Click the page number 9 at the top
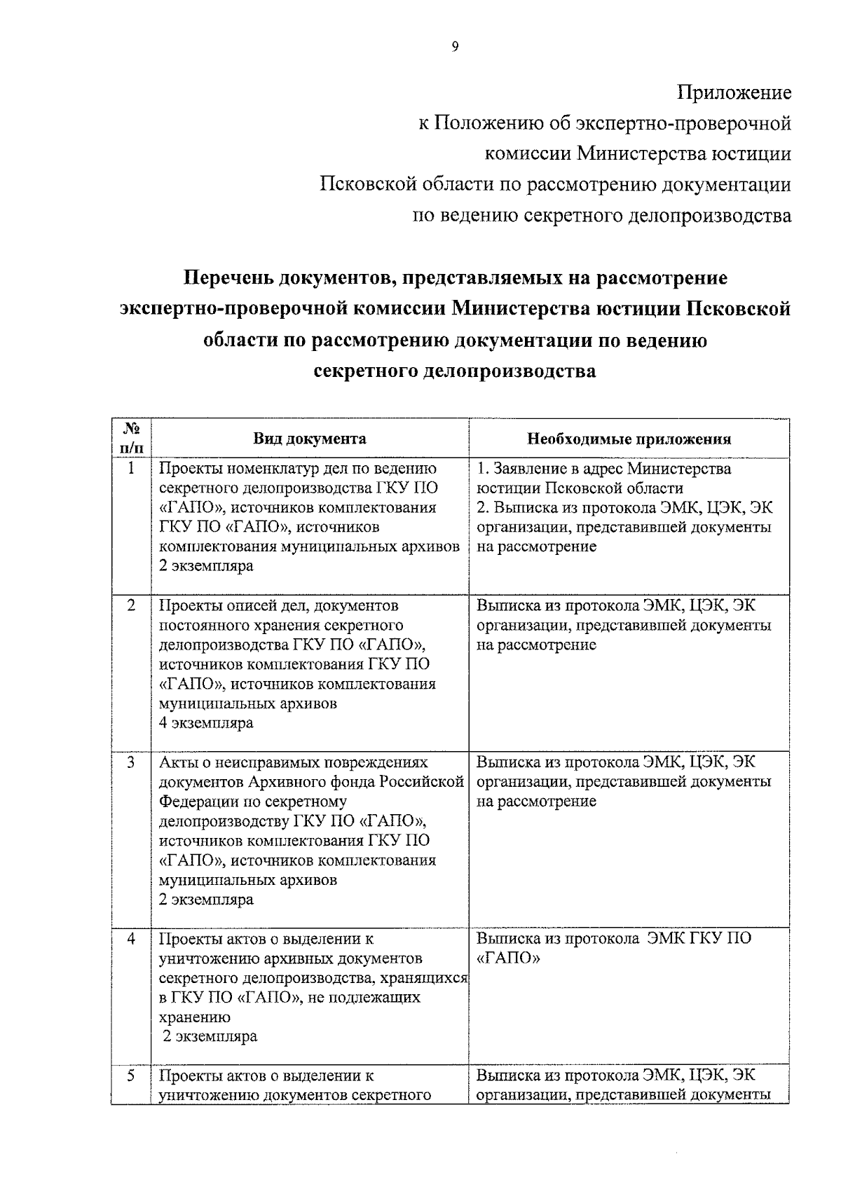(455, 47)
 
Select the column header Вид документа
(310, 439)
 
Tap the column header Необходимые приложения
(629, 439)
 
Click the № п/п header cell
(132, 439)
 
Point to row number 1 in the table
(132, 468)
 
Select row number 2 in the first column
(132, 605)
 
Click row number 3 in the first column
(132, 762)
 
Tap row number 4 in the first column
(132, 938)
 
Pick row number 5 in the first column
(132, 1075)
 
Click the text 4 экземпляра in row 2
(206, 723)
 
